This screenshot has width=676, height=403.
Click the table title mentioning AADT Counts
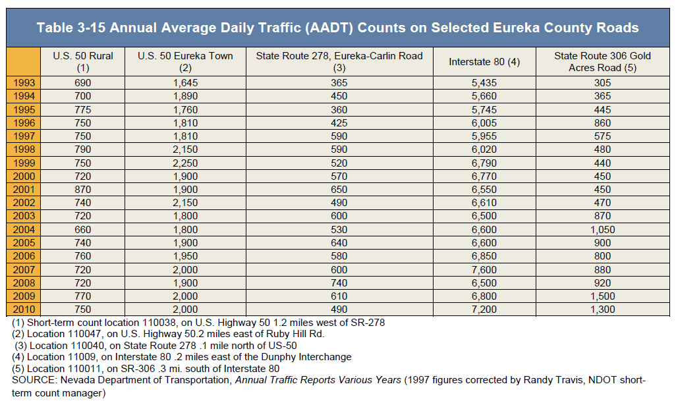click(x=337, y=28)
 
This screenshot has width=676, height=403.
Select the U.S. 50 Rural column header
click(x=83, y=62)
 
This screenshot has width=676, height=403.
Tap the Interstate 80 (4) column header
click(x=484, y=62)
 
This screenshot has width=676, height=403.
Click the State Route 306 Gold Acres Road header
click(x=602, y=62)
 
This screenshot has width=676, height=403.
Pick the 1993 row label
click(x=24, y=83)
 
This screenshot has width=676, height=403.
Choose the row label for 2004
click(x=24, y=230)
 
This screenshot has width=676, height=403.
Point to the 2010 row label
click(x=24, y=309)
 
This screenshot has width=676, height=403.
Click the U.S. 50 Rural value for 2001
click(x=83, y=190)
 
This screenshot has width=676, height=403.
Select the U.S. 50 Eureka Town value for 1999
click(x=185, y=163)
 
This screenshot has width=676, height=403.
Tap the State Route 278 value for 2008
click(x=339, y=283)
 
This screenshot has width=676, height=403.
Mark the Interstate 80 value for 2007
click(x=484, y=270)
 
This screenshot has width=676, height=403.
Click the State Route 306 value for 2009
click(x=602, y=296)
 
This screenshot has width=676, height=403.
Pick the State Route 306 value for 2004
click(x=602, y=230)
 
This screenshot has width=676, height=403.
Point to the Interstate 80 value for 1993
click(x=484, y=83)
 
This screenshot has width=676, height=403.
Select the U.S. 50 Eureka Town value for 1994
click(x=185, y=96)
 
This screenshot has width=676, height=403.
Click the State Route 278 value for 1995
click(x=339, y=110)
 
